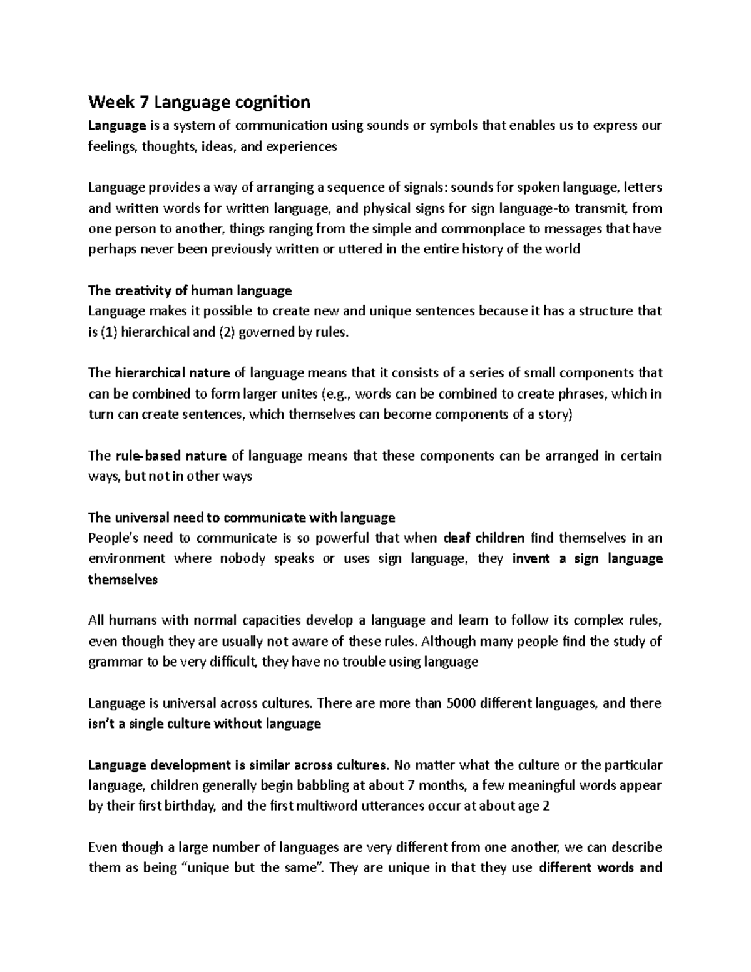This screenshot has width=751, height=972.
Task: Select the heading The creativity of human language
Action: (x=190, y=290)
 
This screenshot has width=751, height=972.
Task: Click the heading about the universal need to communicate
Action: (x=242, y=518)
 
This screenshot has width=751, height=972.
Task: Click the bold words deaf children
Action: (x=484, y=538)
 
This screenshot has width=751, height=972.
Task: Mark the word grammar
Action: (x=115, y=662)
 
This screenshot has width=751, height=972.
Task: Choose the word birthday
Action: (x=190, y=806)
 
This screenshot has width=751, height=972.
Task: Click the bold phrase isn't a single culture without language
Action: (x=205, y=724)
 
